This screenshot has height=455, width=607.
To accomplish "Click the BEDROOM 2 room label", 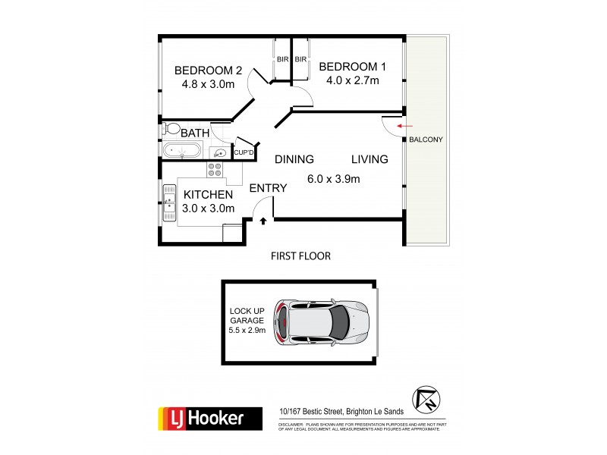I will (x=204, y=71).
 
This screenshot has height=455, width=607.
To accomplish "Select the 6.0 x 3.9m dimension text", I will (x=334, y=179).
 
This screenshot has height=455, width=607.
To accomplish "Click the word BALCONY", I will (x=426, y=140).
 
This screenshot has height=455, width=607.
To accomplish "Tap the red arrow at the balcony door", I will (x=405, y=124).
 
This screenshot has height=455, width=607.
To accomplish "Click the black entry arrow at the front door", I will (x=263, y=221).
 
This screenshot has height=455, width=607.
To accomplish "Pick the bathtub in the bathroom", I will (x=182, y=150).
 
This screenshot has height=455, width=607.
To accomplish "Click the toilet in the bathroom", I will (x=171, y=129).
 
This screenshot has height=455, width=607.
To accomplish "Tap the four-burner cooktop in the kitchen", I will (x=215, y=170).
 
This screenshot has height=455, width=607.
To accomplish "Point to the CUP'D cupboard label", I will (x=244, y=153).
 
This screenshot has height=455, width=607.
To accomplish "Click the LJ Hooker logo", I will (x=200, y=417).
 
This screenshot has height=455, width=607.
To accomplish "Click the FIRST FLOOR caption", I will (x=300, y=256).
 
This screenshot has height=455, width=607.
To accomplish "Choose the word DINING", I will (x=294, y=159).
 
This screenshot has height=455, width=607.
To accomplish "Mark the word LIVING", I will (x=370, y=159).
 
